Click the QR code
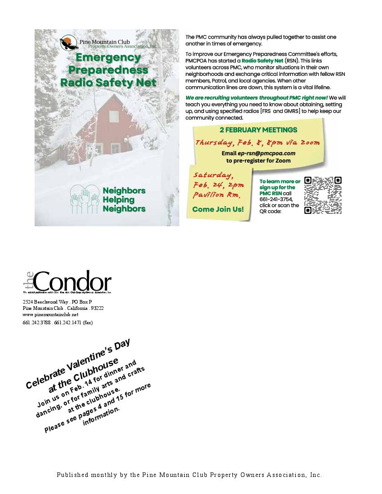click(323, 195)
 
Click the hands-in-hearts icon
click(84, 199)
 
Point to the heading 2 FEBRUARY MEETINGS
click(258, 130)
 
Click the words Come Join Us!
click(218, 209)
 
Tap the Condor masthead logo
click(67, 282)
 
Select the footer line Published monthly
click(189, 475)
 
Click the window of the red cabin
click(115, 148)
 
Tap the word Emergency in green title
click(108, 57)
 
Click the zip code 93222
click(97, 309)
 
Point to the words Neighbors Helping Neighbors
click(124, 199)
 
